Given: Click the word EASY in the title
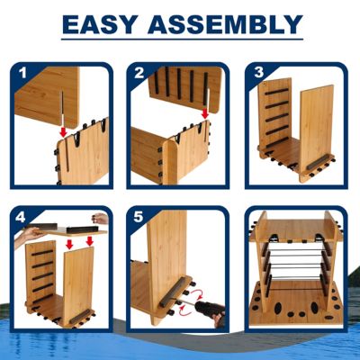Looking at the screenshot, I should coord(106,24).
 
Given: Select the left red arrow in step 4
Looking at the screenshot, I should coord(70,243).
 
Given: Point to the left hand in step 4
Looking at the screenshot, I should coord(31,232).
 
